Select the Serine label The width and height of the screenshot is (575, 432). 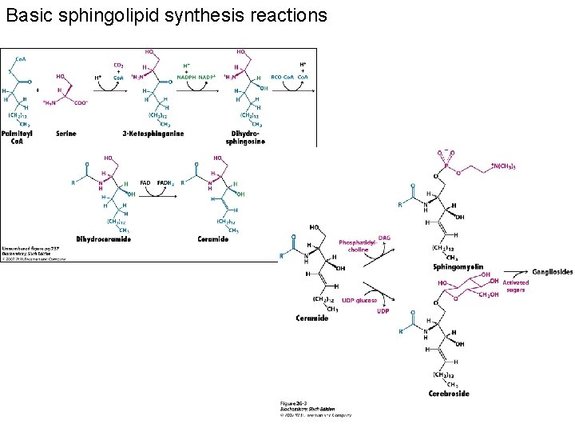click(x=65, y=134)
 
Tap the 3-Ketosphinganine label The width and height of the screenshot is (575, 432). click(x=153, y=134)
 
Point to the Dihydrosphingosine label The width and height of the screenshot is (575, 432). click(x=247, y=138)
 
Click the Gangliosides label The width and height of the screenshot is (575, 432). click(x=552, y=272)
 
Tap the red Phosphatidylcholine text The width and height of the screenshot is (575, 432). click(x=355, y=246)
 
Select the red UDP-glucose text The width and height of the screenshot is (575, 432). click(x=359, y=300)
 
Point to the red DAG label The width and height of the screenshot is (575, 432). click(x=384, y=238)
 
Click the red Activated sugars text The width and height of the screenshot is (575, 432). click(x=514, y=286)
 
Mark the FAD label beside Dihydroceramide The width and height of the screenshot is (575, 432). click(x=145, y=183)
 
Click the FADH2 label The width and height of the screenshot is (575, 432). click(x=166, y=183)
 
